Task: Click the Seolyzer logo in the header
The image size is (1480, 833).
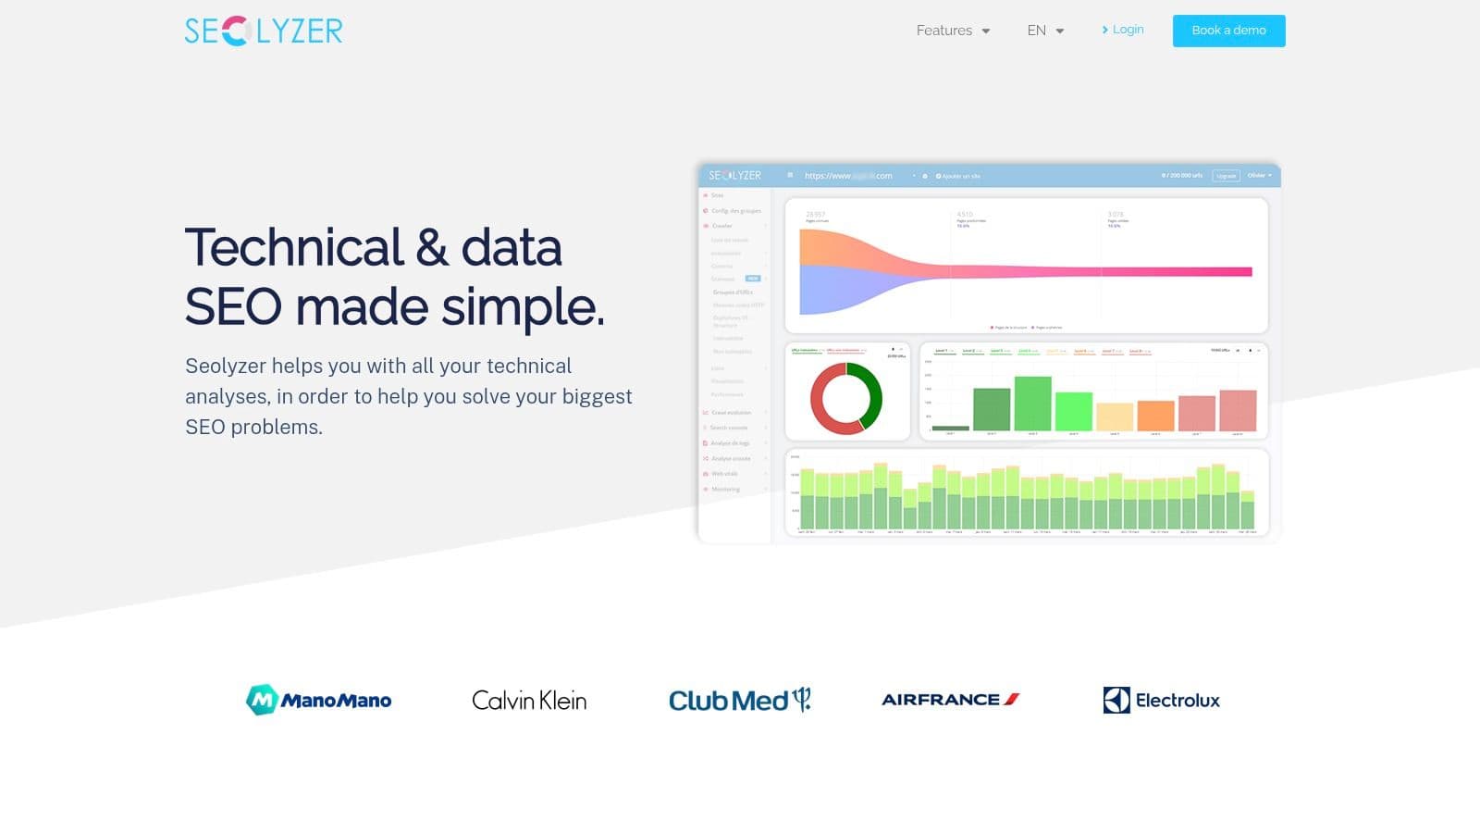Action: pos(264,31)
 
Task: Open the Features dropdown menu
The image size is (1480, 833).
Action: pos(953,31)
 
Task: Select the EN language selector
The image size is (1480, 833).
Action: pos(1045,31)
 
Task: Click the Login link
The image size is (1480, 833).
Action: pos(1123,30)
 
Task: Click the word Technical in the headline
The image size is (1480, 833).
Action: pos(294,248)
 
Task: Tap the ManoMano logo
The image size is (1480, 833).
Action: pos(318,700)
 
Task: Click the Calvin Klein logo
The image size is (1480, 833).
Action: pos(529,701)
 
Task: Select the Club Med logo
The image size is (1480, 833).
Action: pos(739,700)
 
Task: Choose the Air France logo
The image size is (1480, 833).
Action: pos(950,700)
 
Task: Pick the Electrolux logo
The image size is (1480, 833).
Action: pos(1161,701)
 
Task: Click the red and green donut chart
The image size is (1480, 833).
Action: pos(846,398)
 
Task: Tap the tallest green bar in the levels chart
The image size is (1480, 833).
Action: pos(1033,404)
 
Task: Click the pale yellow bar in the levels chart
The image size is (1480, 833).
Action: pos(1115,416)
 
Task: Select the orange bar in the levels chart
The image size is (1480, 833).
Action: pos(1155,416)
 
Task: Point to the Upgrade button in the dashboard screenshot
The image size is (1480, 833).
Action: pos(1226,176)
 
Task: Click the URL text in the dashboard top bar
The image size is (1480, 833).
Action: pos(848,176)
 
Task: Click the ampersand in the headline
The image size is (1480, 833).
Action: pos(432,248)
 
